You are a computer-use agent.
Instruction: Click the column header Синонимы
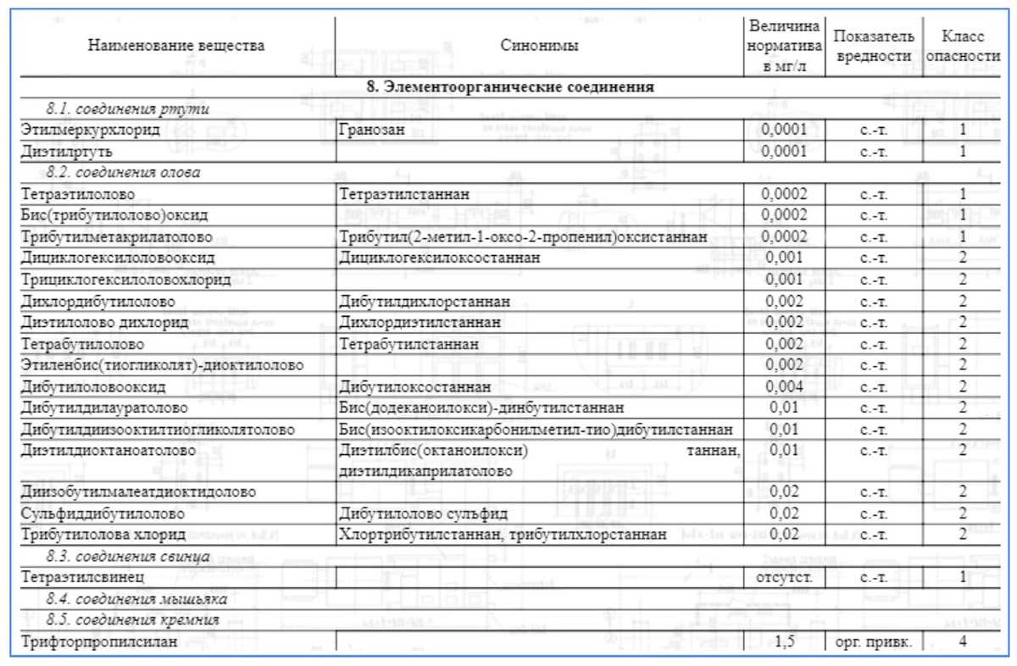click(540, 46)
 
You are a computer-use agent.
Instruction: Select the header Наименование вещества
click(177, 46)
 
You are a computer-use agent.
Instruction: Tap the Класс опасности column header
click(962, 47)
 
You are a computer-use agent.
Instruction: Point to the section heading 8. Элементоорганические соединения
click(509, 87)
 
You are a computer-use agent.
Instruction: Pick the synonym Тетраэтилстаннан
click(404, 194)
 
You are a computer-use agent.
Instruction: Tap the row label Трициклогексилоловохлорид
click(125, 280)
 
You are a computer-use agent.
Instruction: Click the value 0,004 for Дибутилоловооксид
click(784, 387)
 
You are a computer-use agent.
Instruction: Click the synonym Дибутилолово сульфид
click(424, 513)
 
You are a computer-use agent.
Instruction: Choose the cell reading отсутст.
click(784, 578)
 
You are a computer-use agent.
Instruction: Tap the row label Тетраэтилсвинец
click(81, 578)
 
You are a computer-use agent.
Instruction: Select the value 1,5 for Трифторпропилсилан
click(784, 641)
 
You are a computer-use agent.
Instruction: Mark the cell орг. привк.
click(873, 641)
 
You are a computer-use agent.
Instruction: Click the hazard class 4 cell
click(963, 641)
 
